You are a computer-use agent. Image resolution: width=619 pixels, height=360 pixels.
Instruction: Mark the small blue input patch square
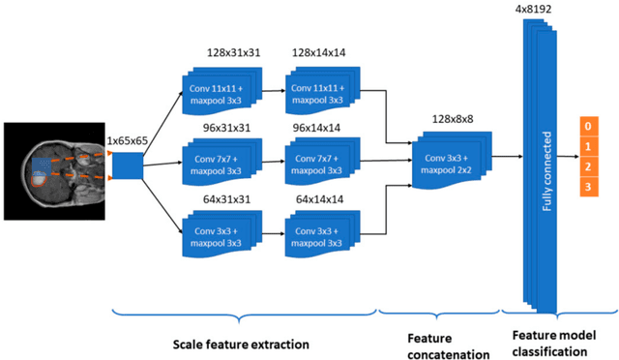(x=128, y=166)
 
